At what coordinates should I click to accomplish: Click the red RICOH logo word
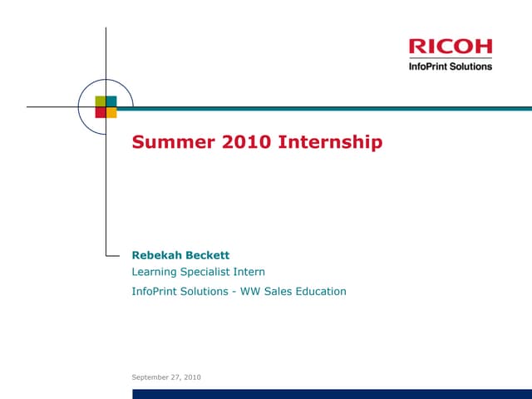[451, 47]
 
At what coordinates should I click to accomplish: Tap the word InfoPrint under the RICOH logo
[428, 66]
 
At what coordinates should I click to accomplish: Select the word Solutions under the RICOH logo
[470, 66]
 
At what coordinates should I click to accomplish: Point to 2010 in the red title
[246, 142]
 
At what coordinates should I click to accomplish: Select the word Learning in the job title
[155, 272]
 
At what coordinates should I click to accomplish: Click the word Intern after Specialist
[250, 272]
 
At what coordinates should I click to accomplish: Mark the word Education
[320, 291]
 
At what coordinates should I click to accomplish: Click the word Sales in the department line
[278, 291]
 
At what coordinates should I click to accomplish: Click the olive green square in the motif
[100, 101]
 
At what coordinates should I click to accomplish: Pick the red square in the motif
[100, 112]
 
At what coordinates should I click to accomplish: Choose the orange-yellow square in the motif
[111, 112]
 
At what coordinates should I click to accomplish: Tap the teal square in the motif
[111, 101]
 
